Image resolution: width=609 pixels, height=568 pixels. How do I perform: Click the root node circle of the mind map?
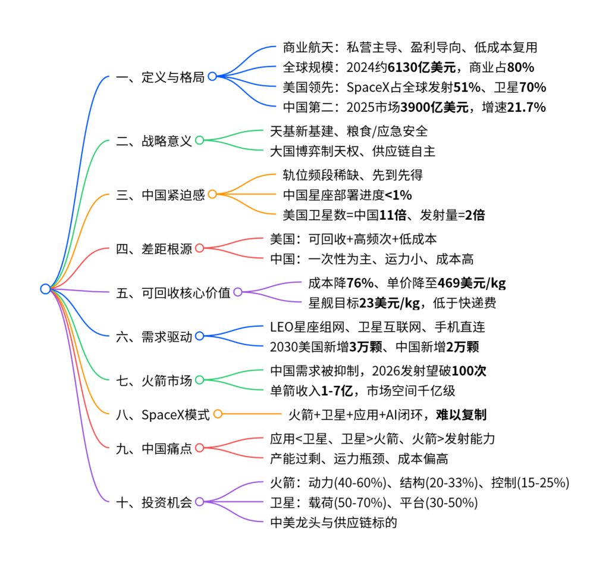click(45, 289)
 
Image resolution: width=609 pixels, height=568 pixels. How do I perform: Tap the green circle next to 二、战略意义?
click(200, 141)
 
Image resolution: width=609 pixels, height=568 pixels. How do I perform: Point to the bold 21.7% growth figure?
click(526, 107)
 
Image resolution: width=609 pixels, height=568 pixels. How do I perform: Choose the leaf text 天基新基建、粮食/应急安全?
click(349, 130)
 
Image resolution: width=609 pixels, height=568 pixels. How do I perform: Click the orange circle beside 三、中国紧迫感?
click(212, 194)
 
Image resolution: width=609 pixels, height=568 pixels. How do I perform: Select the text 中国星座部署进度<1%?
click(347, 195)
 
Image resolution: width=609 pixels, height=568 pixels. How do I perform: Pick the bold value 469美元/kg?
click(472, 283)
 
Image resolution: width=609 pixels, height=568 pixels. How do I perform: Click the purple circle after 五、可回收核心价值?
click(237, 292)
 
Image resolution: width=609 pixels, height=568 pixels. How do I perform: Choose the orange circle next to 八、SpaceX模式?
click(218, 414)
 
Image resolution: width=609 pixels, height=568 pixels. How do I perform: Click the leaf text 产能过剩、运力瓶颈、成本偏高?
click(359, 458)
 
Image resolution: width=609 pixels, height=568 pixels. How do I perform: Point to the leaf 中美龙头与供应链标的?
click(333, 523)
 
